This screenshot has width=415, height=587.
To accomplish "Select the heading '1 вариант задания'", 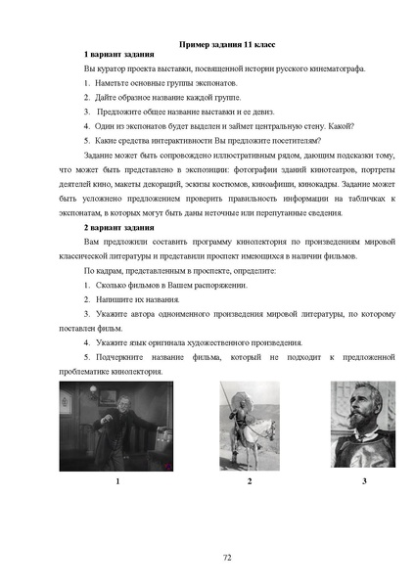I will click(x=120, y=60).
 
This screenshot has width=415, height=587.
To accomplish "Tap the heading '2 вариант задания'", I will click(x=120, y=227).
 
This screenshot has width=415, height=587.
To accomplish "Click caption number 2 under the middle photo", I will click(x=250, y=481).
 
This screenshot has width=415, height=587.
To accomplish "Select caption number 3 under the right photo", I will click(x=363, y=481).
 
